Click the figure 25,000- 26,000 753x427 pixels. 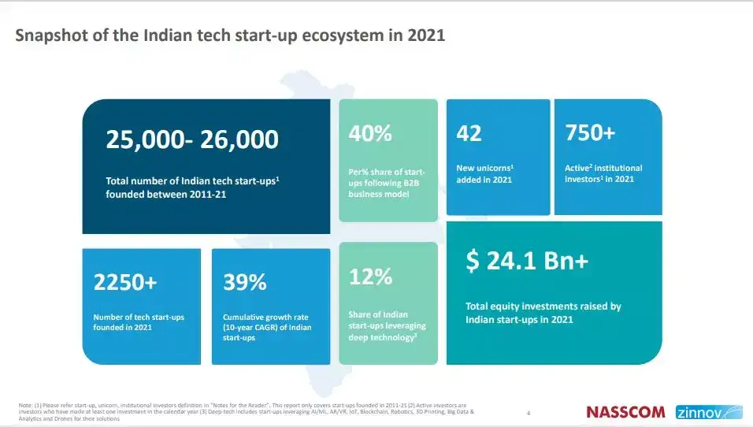click(192, 140)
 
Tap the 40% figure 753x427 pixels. click(370, 133)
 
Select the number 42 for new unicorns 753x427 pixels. click(469, 133)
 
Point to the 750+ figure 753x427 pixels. click(590, 133)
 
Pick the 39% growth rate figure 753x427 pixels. click(245, 282)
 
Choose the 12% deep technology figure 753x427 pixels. click(370, 277)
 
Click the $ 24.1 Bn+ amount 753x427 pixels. click(527, 262)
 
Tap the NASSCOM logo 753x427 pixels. click(626, 412)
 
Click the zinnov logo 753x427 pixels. click(708, 412)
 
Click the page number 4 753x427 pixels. click(529, 412)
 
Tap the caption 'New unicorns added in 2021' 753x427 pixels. click(485, 173)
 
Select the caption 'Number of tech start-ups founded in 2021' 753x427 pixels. click(139, 321)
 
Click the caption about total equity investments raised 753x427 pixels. click(543, 313)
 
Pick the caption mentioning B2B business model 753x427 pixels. click(387, 183)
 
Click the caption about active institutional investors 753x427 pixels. click(603, 173)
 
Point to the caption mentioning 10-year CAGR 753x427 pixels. click(262, 327)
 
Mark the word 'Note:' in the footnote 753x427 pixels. click(25, 405)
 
